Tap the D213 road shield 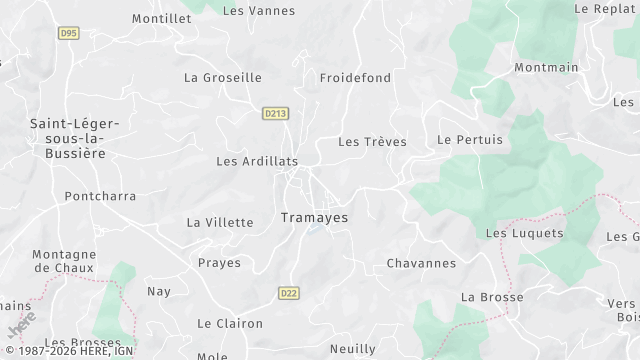point(275,114)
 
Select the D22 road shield point(288,293)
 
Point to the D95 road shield point(68,33)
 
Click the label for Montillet point(161,19)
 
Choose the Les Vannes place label point(259,11)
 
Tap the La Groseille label point(222,77)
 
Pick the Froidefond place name point(355,77)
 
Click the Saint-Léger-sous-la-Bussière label point(75,138)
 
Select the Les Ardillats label point(257,160)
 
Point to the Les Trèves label point(372,142)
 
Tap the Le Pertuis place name point(470,140)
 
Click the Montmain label point(546,68)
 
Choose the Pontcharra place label point(100,196)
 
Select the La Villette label point(220,222)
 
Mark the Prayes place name point(219,263)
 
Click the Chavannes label point(421,264)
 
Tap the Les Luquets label point(524,233)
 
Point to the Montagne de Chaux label point(64,261)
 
